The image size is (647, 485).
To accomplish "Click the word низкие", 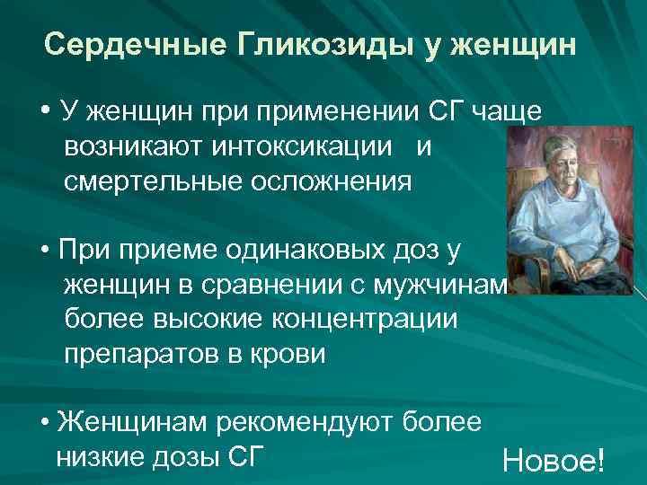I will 98,456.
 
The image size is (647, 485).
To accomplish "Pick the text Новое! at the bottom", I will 554,461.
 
